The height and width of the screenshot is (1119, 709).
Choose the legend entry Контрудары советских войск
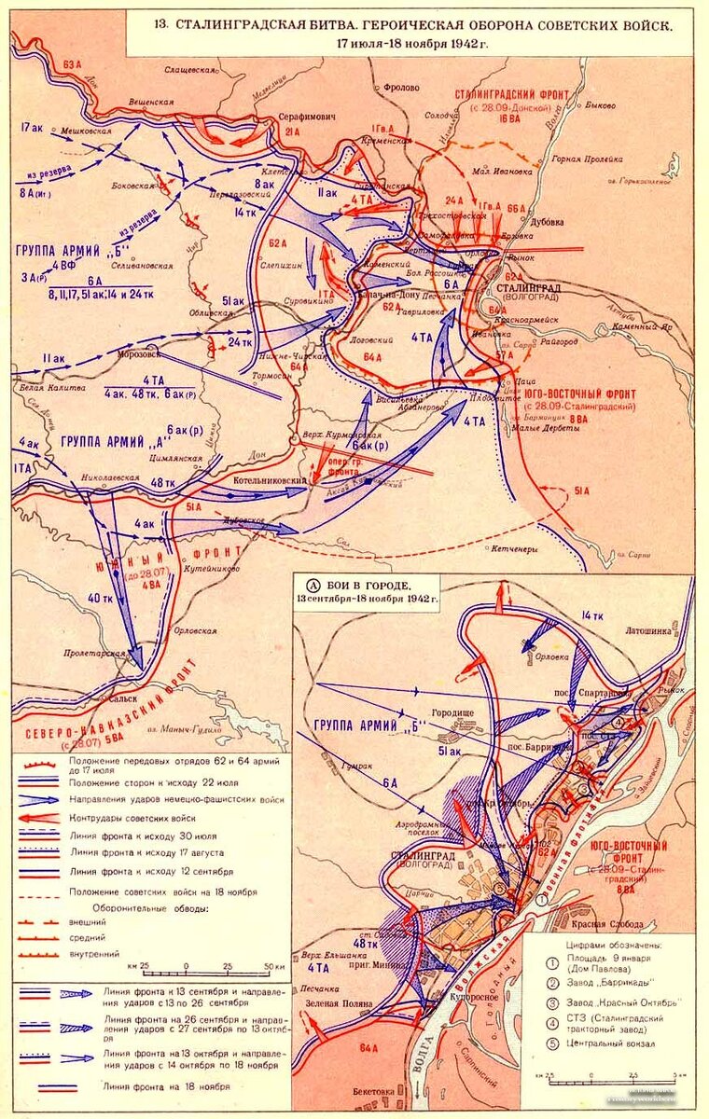pos(135,817)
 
